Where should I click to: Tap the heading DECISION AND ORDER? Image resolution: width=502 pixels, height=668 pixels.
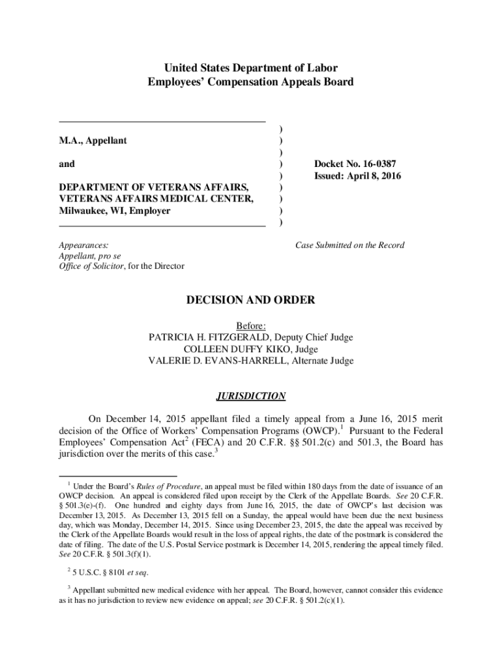(x=251, y=300)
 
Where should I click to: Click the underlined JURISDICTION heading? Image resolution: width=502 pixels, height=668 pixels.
(x=251, y=396)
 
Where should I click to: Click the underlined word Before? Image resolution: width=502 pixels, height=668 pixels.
(x=251, y=326)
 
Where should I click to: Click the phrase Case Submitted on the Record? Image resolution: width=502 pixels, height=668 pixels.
(x=349, y=245)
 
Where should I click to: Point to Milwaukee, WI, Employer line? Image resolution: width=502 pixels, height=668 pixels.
(x=115, y=211)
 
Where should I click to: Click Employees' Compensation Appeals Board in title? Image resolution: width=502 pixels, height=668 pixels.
(x=251, y=82)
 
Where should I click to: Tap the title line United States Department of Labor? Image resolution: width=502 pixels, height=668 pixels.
(x=251, y=68)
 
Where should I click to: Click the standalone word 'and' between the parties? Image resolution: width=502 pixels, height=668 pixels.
(x=67, y=164)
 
